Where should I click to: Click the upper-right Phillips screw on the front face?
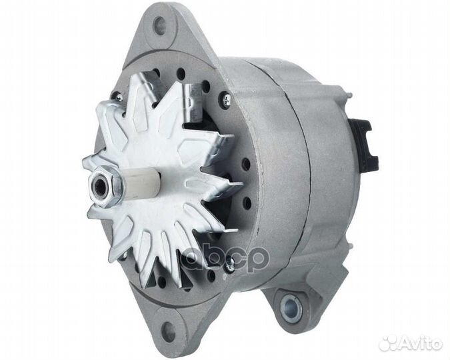(x=227, y=99)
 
